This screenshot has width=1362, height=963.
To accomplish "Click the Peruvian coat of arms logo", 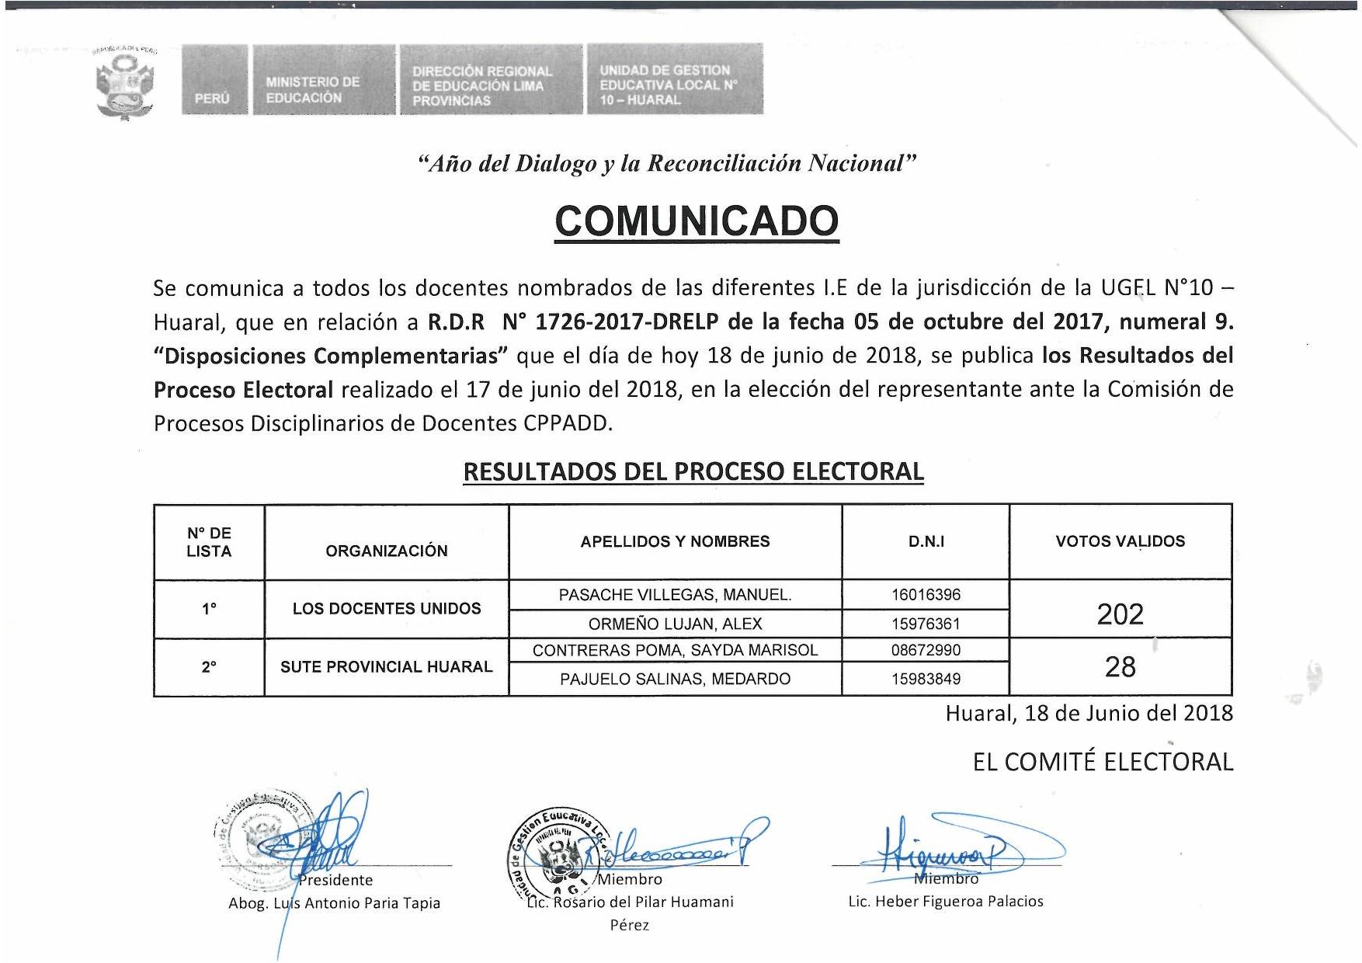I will click(x=124, y=82).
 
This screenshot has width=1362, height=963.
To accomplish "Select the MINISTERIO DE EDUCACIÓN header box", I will click(x=323, y=81).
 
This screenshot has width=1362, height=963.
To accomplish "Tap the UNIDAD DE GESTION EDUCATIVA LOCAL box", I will click(x=674, y=81).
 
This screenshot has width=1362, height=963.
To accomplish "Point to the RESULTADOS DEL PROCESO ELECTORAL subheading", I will click(x=693, y=471).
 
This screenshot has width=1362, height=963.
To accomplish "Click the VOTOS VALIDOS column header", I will click(x=1120, y=541).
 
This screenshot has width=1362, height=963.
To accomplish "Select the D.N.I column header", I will click(x=926, y=541).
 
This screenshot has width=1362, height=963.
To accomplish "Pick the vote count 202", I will click(x=1120, y=614).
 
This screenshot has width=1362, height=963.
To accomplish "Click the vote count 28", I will click(x=1120, y=666).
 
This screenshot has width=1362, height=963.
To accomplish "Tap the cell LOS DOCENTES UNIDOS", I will click(x=387, y=608).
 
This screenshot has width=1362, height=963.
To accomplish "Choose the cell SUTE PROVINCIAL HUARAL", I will click(x=386, y=666).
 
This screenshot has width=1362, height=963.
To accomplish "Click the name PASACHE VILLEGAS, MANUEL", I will click(x=675, y=595).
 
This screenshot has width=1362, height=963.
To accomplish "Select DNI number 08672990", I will click(x=926, y=650).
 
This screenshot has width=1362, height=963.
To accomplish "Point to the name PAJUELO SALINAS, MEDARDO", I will click(x=675, y=679).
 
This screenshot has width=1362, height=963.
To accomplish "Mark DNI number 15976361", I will click(x=926, y=624).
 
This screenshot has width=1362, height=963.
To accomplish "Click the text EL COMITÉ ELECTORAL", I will click(x=1103, y=762).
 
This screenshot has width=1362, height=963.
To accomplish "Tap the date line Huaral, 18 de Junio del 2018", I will click(x=1089, y=713).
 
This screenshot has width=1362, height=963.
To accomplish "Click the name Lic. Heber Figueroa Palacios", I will click(x=945, y=901).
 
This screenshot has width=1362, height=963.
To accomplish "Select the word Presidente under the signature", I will click(x=336, y=880).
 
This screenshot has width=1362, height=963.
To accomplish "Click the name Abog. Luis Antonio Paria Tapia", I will click(x=334, y=903).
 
